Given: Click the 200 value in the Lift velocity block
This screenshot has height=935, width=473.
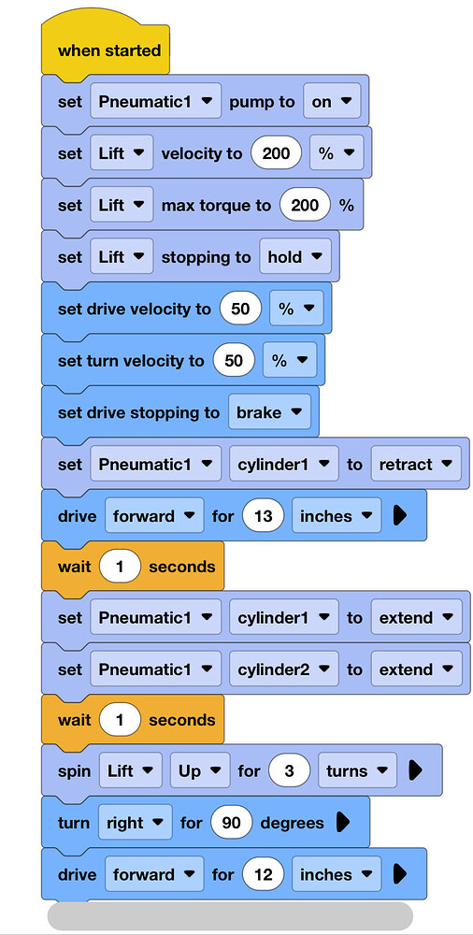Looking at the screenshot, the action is click(276, 154).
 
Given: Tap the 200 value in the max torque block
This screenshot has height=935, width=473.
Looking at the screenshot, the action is click(305, 205).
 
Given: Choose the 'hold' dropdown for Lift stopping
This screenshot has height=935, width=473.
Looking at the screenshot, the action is click(295, 257).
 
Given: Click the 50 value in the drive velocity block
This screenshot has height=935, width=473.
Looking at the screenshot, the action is click(240, 309).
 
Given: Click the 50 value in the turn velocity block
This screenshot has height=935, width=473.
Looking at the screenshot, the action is click(234, 360).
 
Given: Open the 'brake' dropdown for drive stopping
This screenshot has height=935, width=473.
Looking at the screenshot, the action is click(269, 412).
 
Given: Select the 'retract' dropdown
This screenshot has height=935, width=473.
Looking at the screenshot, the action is click(416, 464).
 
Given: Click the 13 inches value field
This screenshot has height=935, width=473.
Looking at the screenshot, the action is click(263, 516).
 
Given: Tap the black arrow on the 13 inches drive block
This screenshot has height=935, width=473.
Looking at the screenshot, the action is click(400, 516).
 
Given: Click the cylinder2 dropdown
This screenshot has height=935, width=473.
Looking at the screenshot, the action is click(284, 669).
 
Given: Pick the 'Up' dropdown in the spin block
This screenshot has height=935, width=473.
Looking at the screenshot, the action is click(196, 771).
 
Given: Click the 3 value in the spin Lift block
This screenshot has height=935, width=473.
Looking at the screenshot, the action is click(289, 771).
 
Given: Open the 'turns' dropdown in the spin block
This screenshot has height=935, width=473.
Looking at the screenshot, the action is click(357, 771).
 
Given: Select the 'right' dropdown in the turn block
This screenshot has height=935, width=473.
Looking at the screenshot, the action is click(135, 823).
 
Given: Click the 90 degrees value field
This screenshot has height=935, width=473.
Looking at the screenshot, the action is click(232, 823).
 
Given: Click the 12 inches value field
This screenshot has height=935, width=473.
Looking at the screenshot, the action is click(263, 874).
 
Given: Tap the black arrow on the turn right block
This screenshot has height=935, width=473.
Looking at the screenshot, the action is click(343, 823).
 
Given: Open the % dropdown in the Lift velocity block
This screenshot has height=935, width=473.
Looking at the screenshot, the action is click(337, 154).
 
